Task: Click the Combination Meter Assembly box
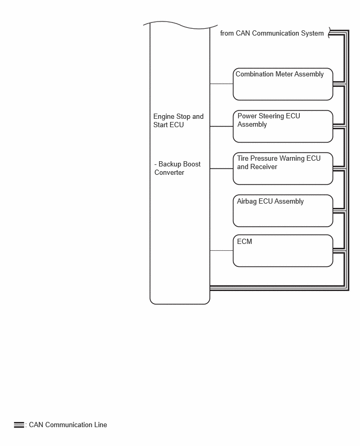click(283, 84)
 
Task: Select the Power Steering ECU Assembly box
click(283, 126)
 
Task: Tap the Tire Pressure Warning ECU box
click(283, 169)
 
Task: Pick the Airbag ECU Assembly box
click(283, 211)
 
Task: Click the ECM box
click(283, 251)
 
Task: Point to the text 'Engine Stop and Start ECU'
click(178, 120)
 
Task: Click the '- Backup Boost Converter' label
click(177, 169)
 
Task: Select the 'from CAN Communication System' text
click(272, 34)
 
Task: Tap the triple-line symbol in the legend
click(19, 425)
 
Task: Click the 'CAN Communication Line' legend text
click(68, 425)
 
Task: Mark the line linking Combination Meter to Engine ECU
click(221, 84)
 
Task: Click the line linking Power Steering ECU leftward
click(221, 126)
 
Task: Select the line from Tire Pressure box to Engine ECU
click(221, 169)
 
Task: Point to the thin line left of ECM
click(221, 251)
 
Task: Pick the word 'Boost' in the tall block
click(192, 164)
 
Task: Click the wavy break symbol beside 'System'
click(330, 32)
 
